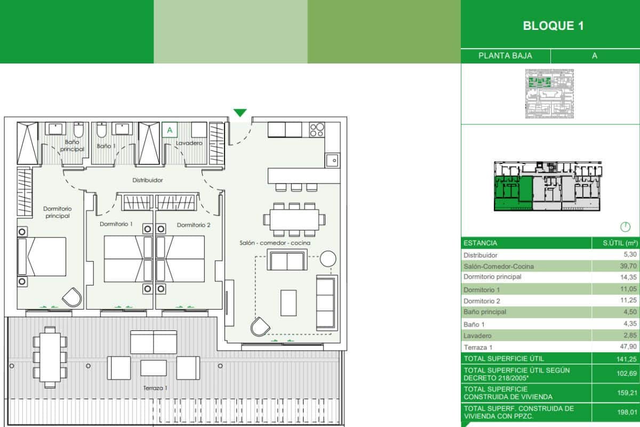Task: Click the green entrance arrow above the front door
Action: pyautogui.click(x=240, y=113)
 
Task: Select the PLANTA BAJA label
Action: pyautogui.click(x=505, y=56)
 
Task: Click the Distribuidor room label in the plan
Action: pyautogui.click(x=148, y=180)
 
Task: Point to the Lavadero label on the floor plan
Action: pyautogui.click(x=188, y=144)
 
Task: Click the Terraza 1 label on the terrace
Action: pyautogui.click(x=155, y=388)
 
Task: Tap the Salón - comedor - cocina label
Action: pyautogui.click(x=275, y=243)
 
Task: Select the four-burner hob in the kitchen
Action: pyautogui.click(x=317, y=130)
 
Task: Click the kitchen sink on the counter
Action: pyautogui.click(x=332, y=159)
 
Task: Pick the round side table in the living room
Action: pyautogui.click(x=328, y=259)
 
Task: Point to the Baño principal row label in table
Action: pyautogui.click(x=485, y=312)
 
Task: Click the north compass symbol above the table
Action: pyautogui.click(x=626, y=227)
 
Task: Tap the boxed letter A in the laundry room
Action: pyautogui.click(x=170, y=130)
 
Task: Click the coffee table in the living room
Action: pyautogui.click(x=289, y=303)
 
